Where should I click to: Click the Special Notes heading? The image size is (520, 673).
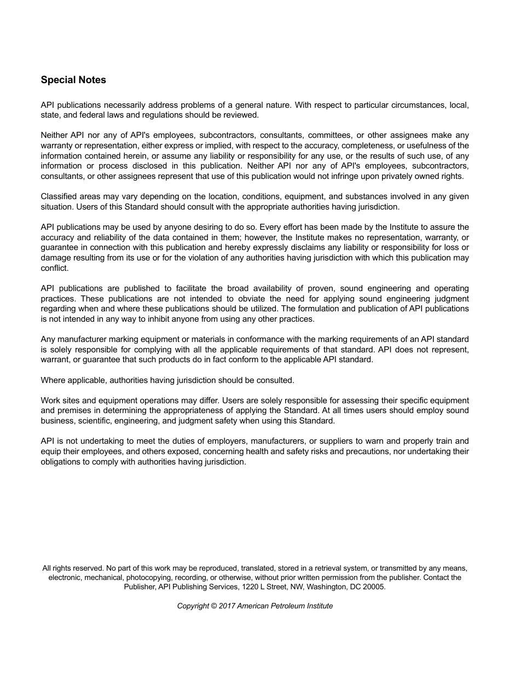click(x=73, y=80)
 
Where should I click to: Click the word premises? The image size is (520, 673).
click(x=74, y=410)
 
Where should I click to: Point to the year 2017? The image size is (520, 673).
click(x=227, y=606)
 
